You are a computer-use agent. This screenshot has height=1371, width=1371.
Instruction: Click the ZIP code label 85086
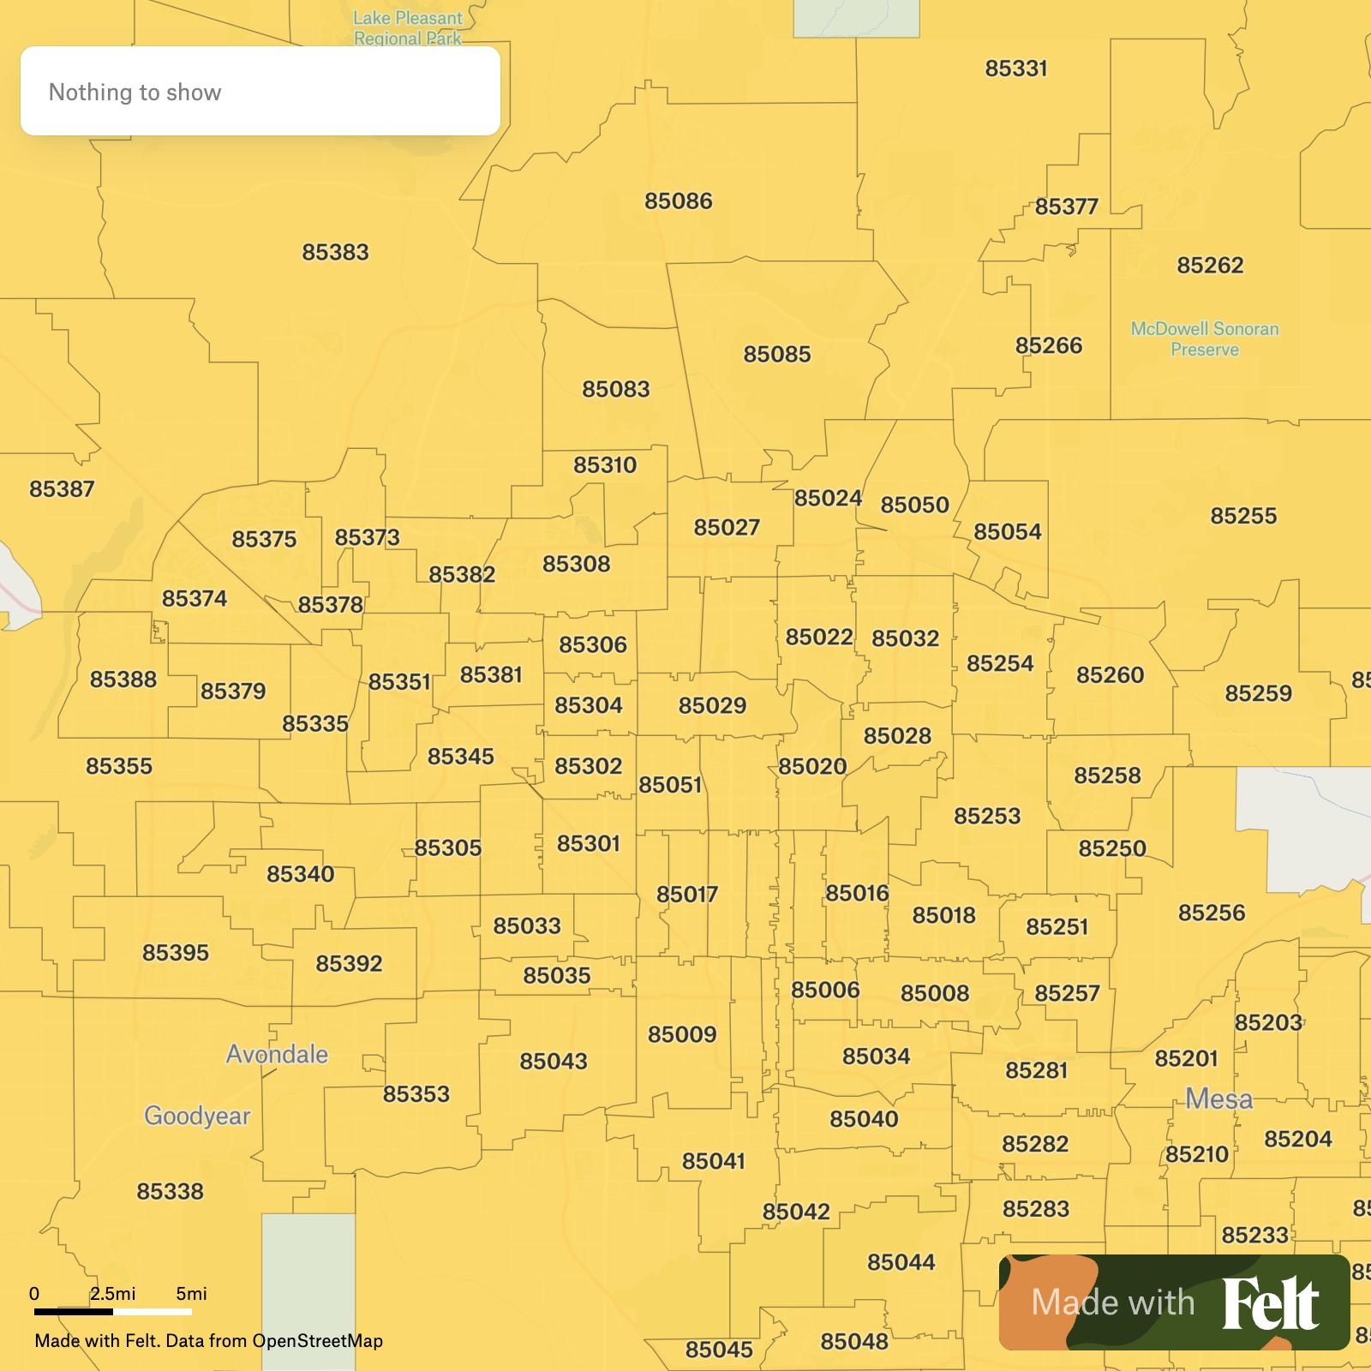678,201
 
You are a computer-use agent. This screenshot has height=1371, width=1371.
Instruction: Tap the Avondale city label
277,1054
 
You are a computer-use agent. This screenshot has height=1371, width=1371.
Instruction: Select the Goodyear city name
197,1116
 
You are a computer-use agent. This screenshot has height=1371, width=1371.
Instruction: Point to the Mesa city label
1218,1099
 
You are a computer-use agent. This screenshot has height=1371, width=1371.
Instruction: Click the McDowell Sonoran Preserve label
1204,339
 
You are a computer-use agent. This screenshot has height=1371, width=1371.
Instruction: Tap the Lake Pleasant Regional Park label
408,28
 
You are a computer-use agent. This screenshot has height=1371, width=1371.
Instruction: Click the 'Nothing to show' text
135,93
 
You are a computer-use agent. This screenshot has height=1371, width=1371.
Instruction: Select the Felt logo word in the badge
1270,1304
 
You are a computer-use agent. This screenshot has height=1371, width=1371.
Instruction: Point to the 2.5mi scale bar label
113,1294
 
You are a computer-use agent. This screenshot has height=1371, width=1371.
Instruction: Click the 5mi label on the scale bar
191,1294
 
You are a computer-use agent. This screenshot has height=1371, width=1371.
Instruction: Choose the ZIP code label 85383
335,253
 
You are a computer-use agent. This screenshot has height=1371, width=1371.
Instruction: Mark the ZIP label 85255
1243,516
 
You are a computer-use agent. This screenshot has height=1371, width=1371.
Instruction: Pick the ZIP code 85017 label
686,895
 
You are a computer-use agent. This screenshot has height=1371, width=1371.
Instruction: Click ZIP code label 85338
170,1191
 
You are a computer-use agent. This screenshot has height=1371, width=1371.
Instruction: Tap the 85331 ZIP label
1015,69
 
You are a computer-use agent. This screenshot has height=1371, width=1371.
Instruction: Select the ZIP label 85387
62,489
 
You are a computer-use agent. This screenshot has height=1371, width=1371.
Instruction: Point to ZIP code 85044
901,1262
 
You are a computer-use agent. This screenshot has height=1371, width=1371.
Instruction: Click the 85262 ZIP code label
1209,266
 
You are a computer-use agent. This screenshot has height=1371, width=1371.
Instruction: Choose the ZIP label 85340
300,874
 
